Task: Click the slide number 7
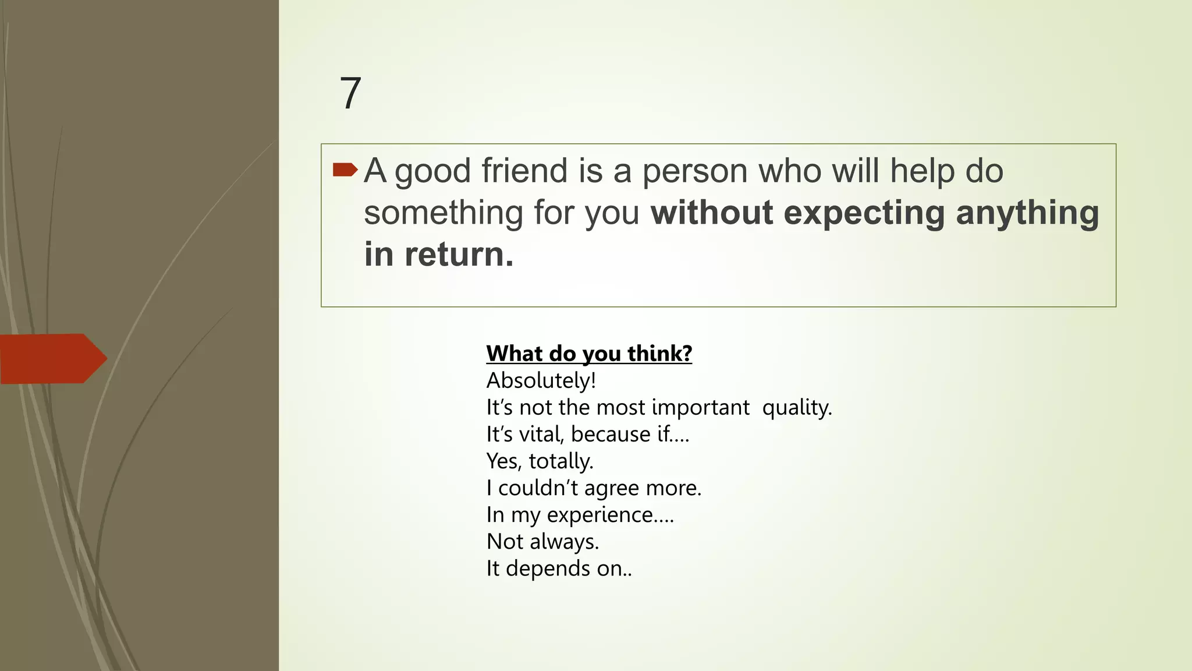350,93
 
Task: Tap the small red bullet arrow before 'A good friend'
345,169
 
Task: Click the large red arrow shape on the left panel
53,358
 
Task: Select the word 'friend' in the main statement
524,171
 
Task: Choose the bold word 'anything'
1027,214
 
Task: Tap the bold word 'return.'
459,255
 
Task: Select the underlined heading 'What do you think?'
589,354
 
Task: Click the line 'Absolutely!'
541,380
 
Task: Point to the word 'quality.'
797,407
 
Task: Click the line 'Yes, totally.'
540,461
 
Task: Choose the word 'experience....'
610,514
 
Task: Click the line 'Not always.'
542,541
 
